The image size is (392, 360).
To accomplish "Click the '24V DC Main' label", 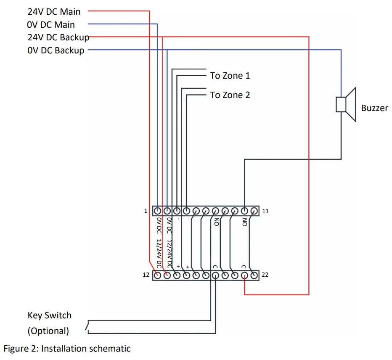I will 54,11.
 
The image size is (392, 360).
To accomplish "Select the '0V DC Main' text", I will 50,24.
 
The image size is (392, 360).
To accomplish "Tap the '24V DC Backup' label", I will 58,37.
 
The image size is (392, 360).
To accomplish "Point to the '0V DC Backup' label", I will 56,50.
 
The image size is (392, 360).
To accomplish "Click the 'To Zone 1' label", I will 230,76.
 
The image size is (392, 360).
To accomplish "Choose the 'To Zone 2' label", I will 230,95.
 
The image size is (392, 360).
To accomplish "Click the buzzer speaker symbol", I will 346,104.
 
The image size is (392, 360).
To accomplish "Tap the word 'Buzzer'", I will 374,108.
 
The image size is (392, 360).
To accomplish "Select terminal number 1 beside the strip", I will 146,211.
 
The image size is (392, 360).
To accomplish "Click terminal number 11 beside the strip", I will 265,211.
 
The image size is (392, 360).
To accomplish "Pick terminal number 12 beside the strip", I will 146,275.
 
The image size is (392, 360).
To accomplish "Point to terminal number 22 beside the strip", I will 265,275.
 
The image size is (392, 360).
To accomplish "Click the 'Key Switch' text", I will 49,315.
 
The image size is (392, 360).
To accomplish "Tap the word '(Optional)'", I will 48,331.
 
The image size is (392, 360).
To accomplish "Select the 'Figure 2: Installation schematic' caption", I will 67,349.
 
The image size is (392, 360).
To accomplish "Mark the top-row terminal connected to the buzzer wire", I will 245,211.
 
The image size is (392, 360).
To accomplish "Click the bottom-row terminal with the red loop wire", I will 245,275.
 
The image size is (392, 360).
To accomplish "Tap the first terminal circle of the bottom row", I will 157,275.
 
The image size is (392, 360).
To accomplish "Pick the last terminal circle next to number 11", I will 254,211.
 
